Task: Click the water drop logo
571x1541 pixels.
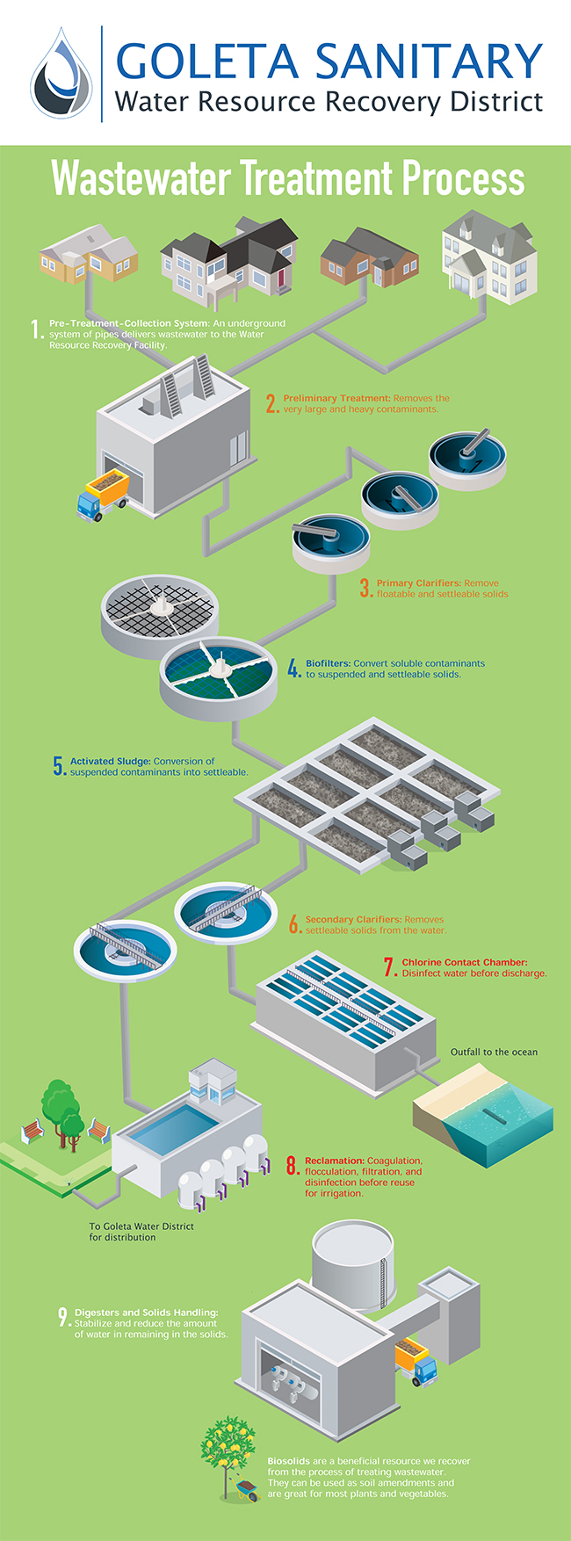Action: click(x=61, y=73)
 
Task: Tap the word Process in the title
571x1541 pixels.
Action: click(x=463, y=178)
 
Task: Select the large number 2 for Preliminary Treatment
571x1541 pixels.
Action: click(x=272, y=403)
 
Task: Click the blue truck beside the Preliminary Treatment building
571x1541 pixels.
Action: click(x=103, y=492)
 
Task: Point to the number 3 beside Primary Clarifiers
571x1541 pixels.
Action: click(x=365, y=589)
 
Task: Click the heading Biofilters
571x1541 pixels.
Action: click(x=328, y=663)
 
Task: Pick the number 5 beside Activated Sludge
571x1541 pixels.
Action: click(x=59, y=766)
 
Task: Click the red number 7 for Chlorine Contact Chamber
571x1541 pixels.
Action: click(x=390, y=966)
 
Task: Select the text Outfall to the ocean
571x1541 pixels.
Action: click(x=494, y=1052)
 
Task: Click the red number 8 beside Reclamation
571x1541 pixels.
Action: click(x=293, y=1167)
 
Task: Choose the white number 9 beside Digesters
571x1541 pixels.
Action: click(x=63, y=1317)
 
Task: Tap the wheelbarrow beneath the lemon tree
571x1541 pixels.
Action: click(x=245, y=1488)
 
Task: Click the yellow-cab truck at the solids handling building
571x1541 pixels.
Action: click(x=416, y=1362)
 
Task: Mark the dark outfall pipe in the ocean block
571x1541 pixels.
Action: click(x=497, y=1121)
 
